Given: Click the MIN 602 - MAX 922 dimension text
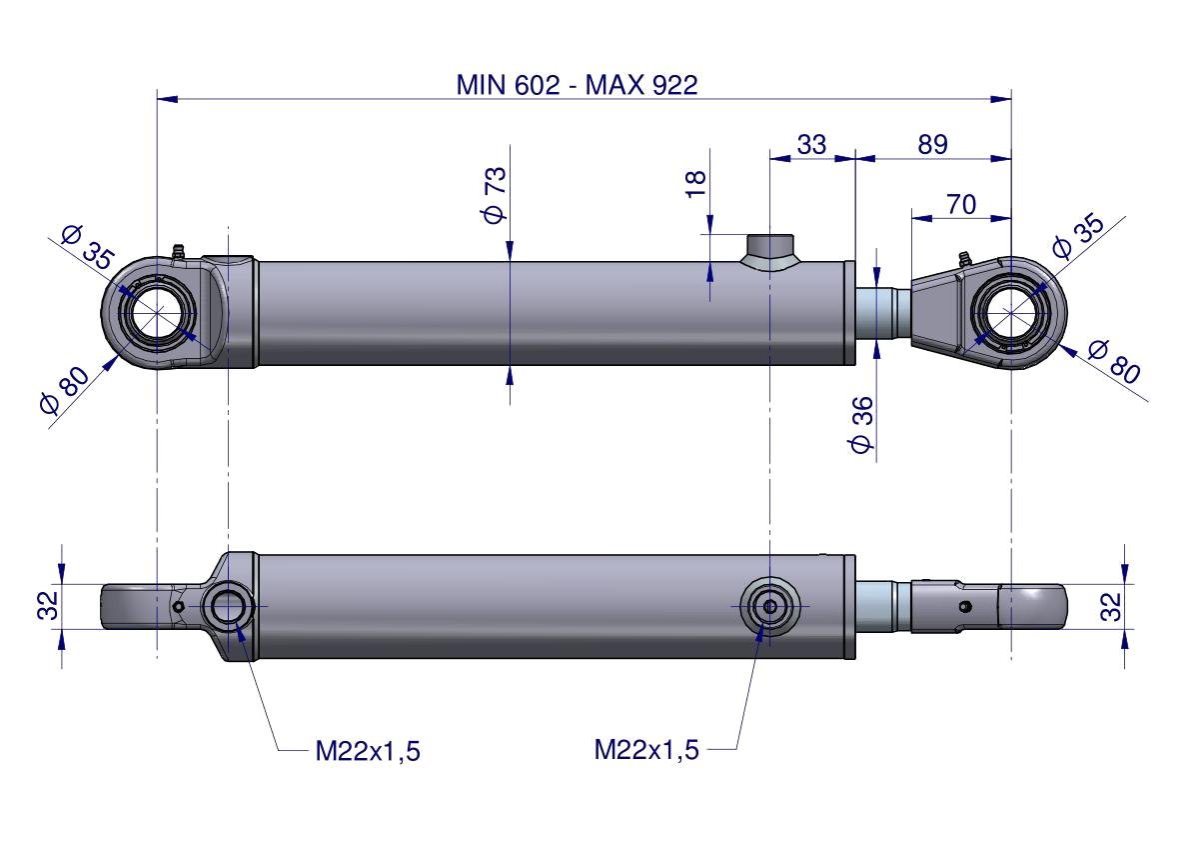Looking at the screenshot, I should click(577, 85).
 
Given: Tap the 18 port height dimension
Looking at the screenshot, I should click(696, 181).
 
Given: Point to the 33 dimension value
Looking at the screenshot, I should click(811, 145).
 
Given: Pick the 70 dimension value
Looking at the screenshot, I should click(960, 205).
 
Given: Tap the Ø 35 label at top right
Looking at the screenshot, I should click(1079, 236).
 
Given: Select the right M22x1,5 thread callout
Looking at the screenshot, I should click(646, 749).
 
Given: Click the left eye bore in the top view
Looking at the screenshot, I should click(155, 313).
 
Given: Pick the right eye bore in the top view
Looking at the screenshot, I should click(1012, 312).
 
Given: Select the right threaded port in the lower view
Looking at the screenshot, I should click(769, 606).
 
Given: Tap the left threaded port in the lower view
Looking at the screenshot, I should click(228, 606).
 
